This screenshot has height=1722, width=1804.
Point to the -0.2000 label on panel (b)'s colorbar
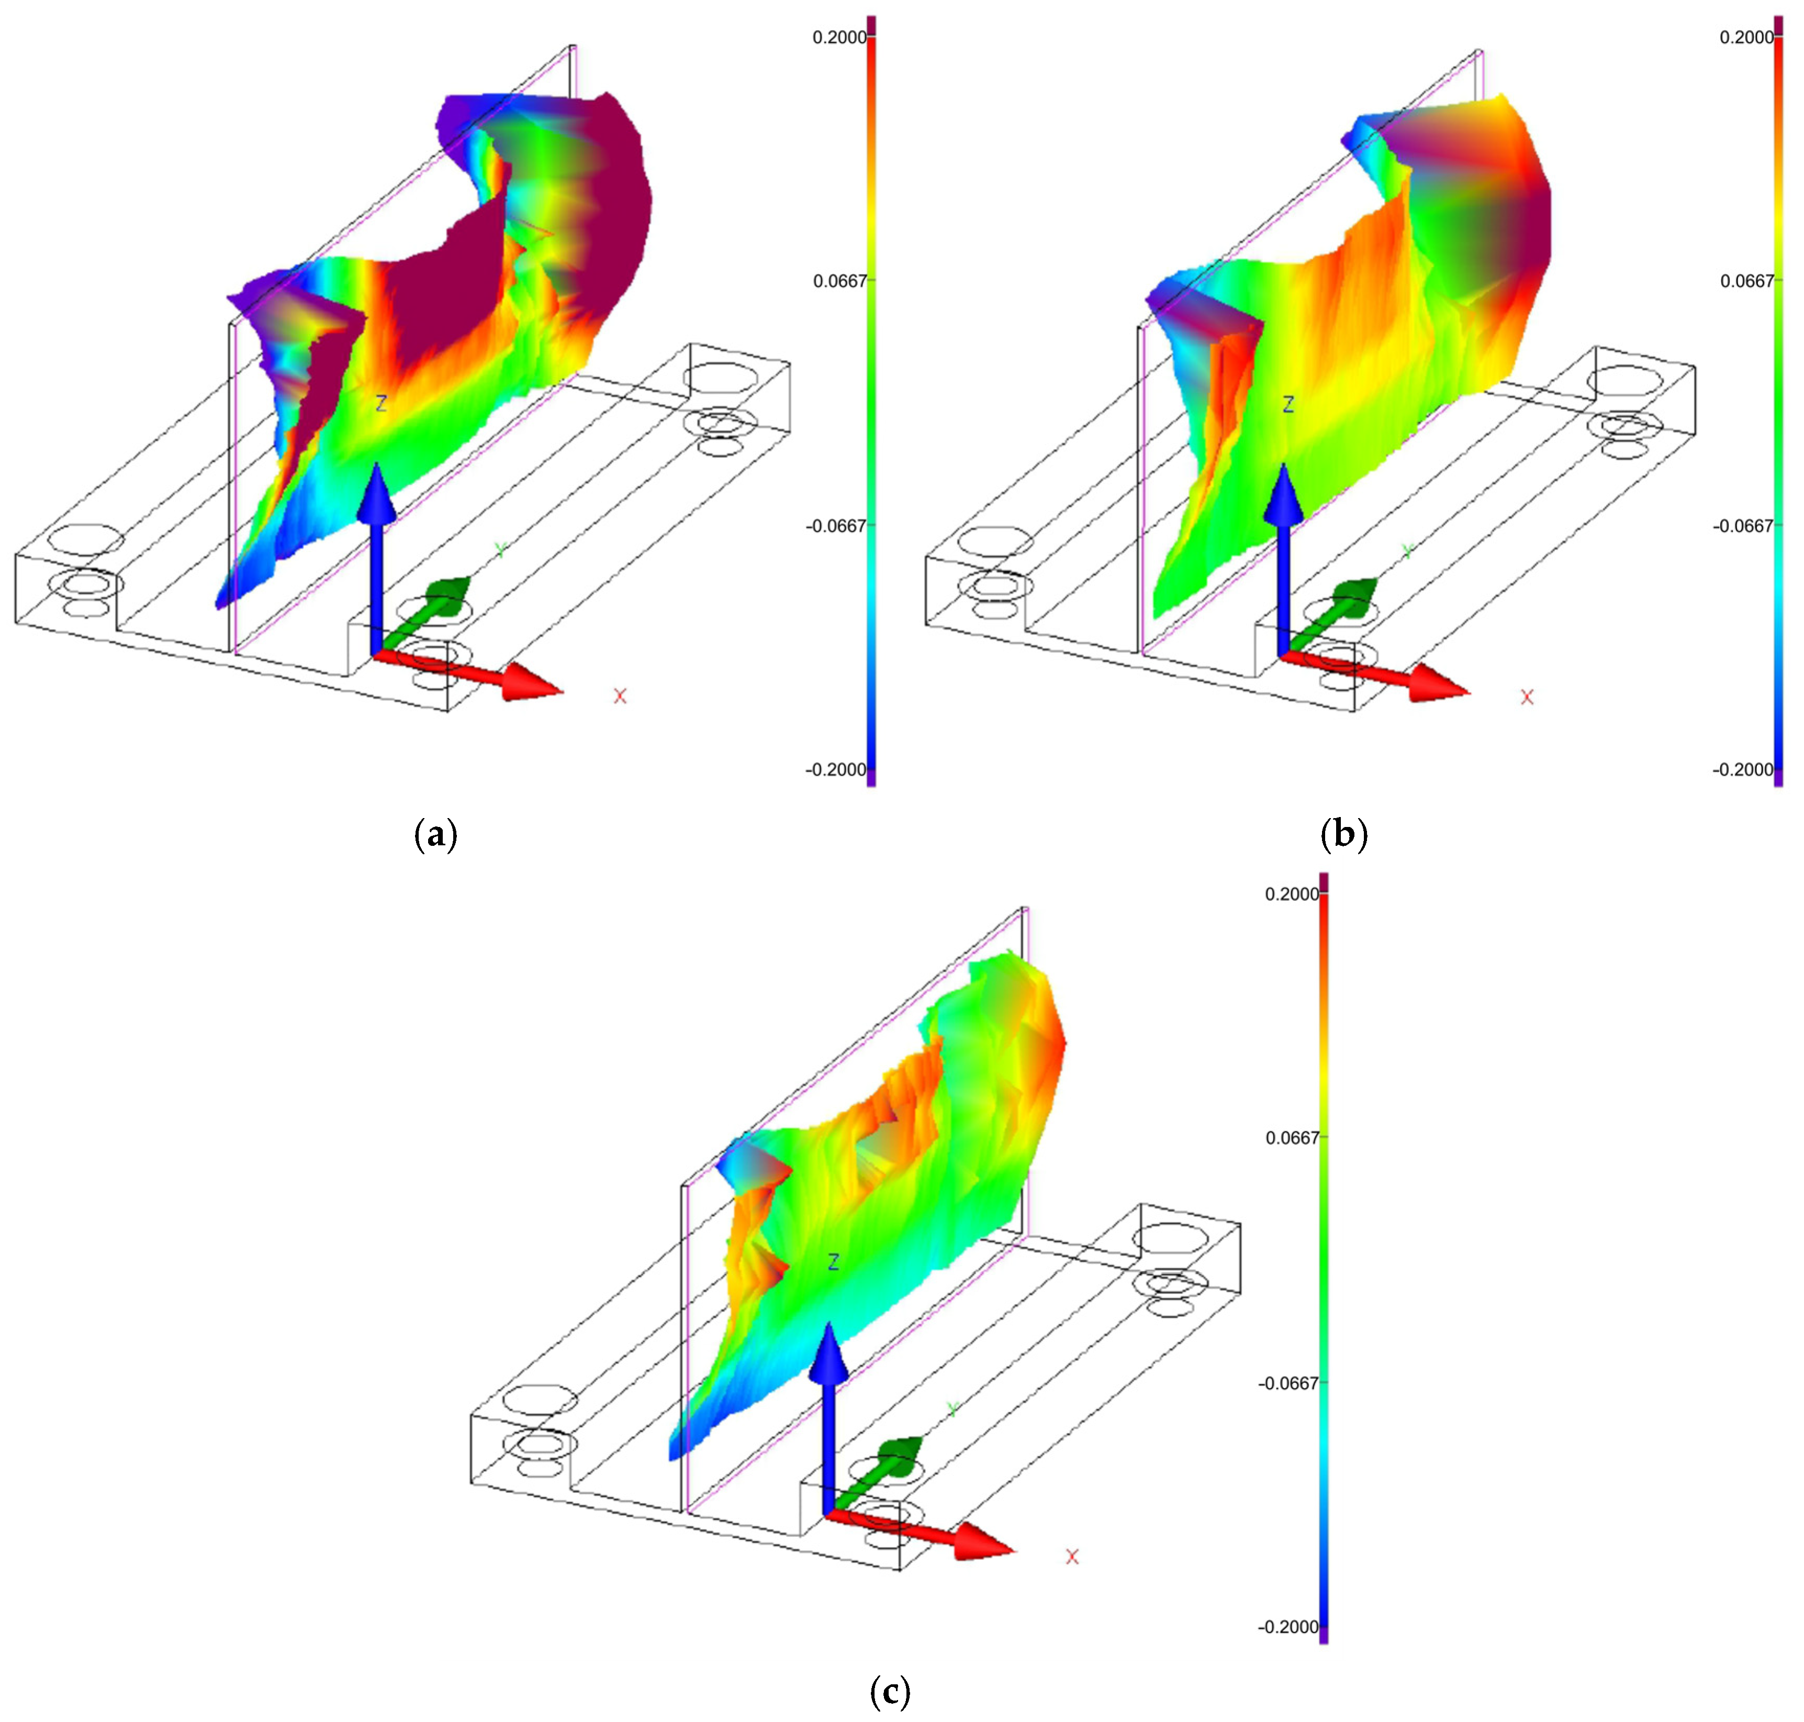pos(1742,769)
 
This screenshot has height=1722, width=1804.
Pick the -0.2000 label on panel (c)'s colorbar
pos(1287,1627)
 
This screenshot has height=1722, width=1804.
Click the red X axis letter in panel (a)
pos(620,697)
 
